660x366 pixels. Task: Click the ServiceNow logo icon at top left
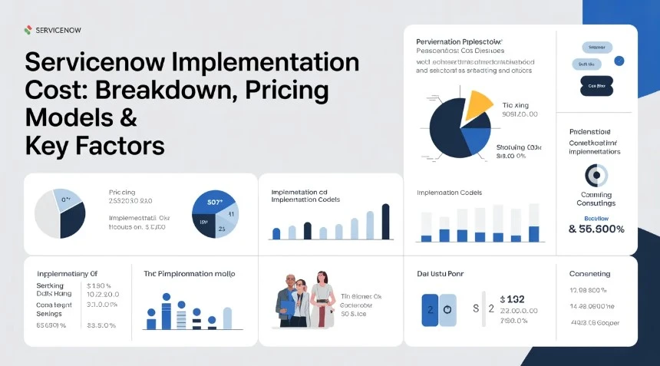coord(28,30)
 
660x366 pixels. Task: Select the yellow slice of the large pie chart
coord(476,106)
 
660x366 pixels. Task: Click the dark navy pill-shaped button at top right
coord(596,86)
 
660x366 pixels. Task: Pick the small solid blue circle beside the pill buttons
coord(619,61)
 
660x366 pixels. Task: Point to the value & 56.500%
coord(596,229)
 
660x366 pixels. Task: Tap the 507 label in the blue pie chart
coord(214,203)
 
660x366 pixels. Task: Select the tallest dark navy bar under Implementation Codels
coord(385,222)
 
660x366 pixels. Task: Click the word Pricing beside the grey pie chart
coord(123,192)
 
